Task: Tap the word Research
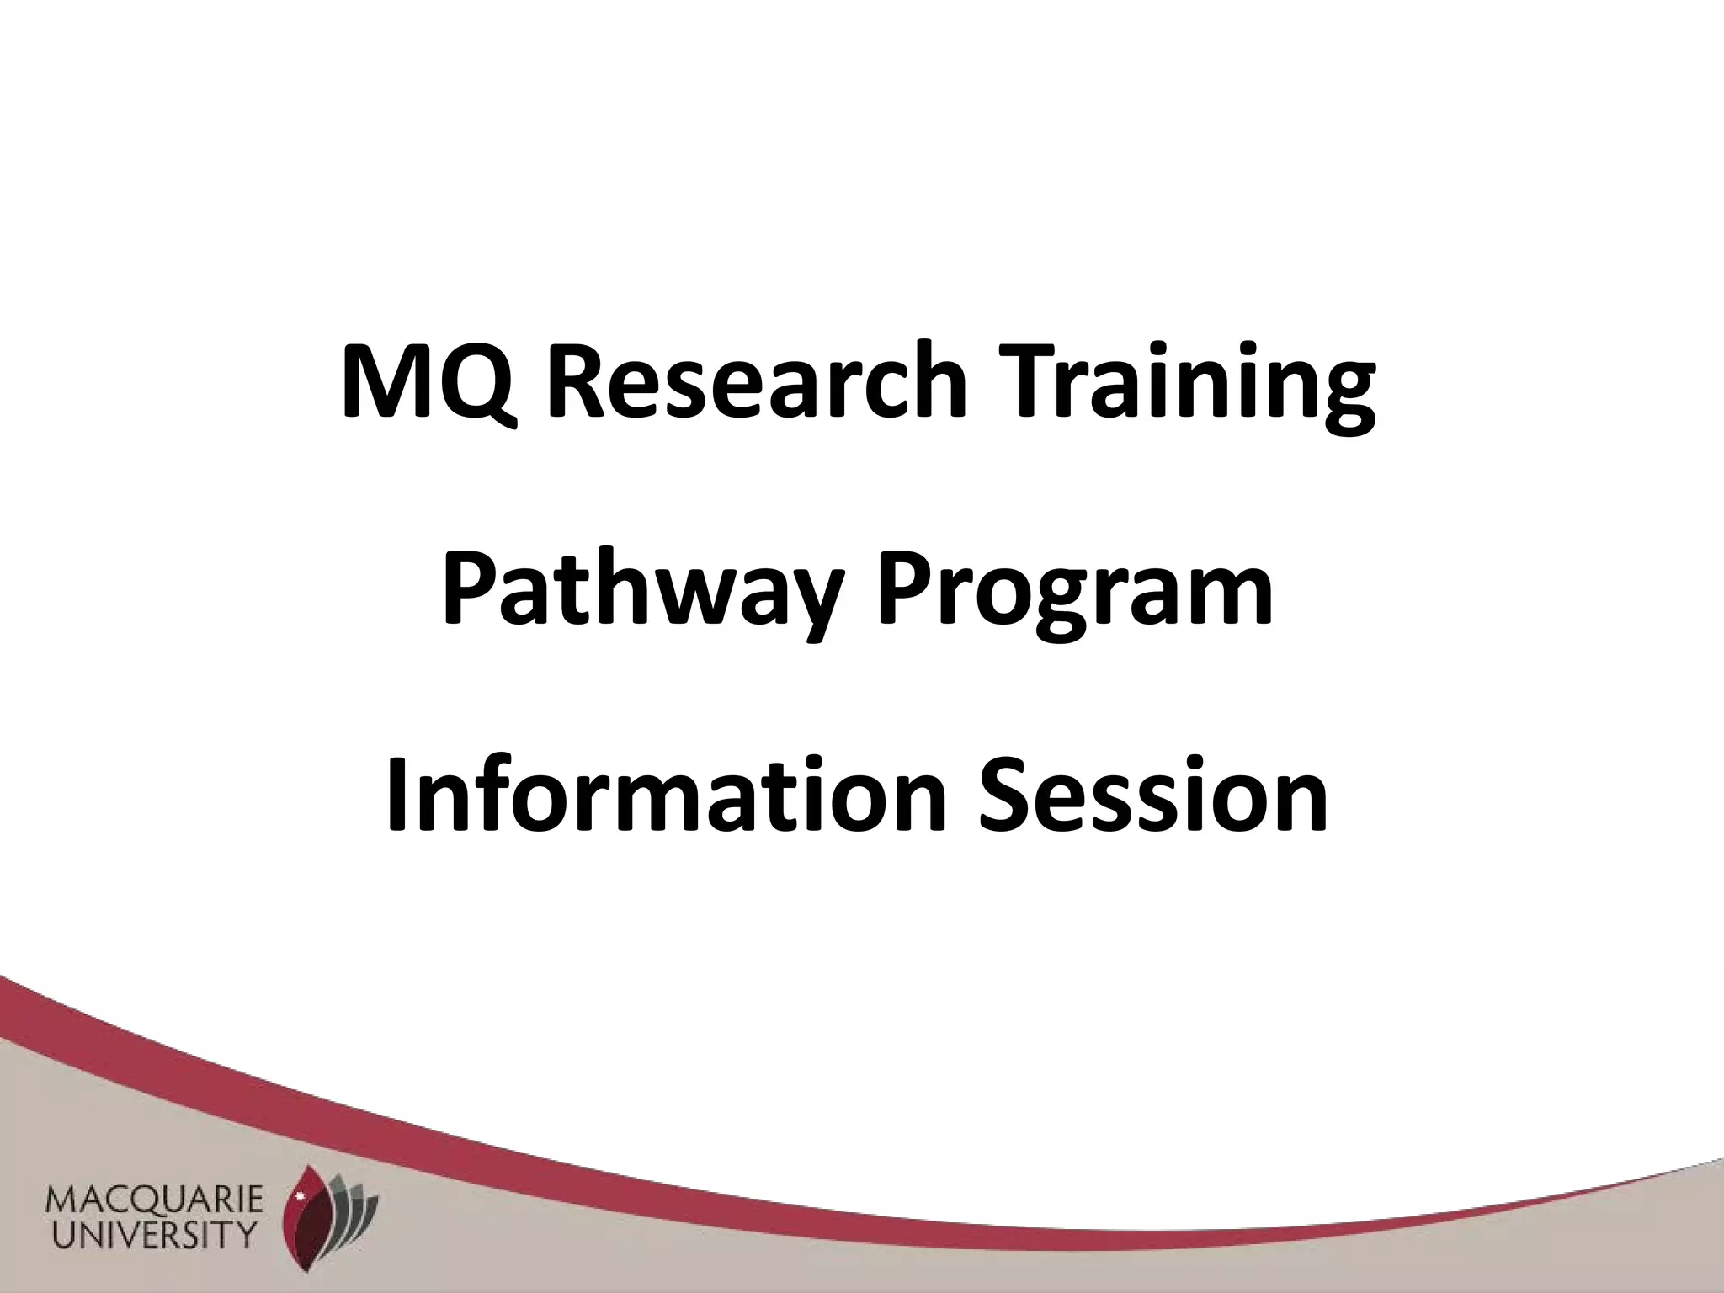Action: tap(758, 380)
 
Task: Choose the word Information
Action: tap(662, 795)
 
